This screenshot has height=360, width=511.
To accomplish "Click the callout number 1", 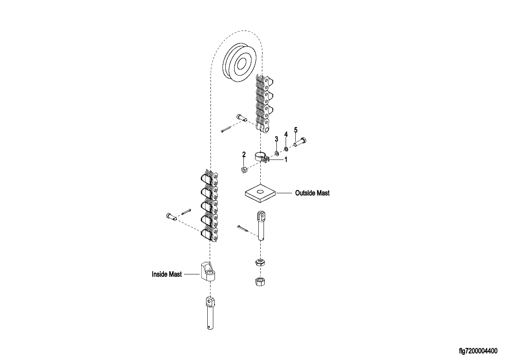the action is tap(286, 160).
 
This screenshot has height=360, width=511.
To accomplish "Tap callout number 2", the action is tap(244, 154).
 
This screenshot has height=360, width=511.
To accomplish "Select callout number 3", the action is tap(276, 139).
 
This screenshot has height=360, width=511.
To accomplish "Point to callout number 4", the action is tap(286, 134).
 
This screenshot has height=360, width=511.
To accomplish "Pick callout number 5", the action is tap(296, 130).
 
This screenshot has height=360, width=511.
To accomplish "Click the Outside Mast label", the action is tap(312, 193).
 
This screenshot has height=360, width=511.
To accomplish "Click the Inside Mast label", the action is tap(167, 274).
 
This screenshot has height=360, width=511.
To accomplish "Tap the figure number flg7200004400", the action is tap(478, 351).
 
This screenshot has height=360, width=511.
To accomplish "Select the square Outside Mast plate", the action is tap(260, 193).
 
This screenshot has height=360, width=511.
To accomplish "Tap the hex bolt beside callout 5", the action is tap(300, 142).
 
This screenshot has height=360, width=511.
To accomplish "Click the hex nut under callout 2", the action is tap(243, 170).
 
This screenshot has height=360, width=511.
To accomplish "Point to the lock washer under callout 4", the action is tap(286, 149).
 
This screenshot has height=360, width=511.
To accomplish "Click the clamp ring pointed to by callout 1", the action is tap(262, 158).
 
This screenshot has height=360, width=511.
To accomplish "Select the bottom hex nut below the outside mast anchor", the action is tap(260, 282).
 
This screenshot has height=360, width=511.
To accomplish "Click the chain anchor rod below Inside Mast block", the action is tap(210, 313).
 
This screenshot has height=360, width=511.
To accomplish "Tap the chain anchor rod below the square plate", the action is tap(261, 226).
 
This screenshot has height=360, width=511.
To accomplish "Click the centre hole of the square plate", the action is tap(260, 192).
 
